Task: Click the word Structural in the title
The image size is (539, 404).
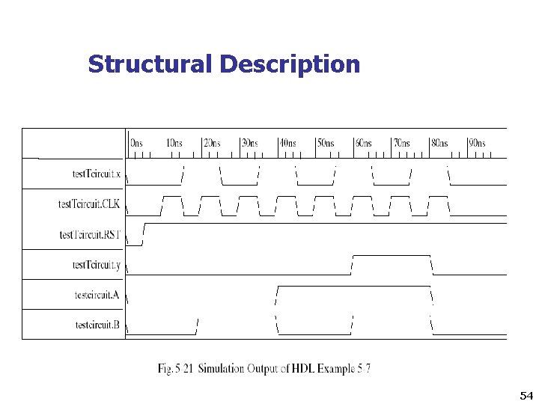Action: pos(150,64)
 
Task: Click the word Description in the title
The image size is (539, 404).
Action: pos(290,65)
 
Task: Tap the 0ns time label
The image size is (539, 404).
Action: pos(137,143)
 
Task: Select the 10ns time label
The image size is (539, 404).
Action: pos(174,143)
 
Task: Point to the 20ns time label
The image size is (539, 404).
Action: pos(212,143)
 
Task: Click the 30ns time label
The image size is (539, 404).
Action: pos(249,143)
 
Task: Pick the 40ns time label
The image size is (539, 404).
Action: pos(287,143)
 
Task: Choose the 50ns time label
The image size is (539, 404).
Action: pos(326,143)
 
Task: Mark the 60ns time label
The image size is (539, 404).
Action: pos(364,143)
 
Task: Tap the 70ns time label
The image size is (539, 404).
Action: pos(401,143)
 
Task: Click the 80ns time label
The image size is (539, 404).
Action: pos(439,143)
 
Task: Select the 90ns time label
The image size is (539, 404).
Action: pos(477,143)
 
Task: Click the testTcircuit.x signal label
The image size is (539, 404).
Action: pos(96,174)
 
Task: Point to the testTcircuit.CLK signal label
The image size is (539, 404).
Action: pos(89,204)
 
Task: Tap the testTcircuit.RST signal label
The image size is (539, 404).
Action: pos(90,235)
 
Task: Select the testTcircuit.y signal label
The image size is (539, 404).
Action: pos(96,265)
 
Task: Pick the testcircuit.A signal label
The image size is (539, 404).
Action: pos(97,295)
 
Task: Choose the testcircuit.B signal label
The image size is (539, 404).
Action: pos(97,325)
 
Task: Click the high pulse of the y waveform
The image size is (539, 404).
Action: pos(391,256)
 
